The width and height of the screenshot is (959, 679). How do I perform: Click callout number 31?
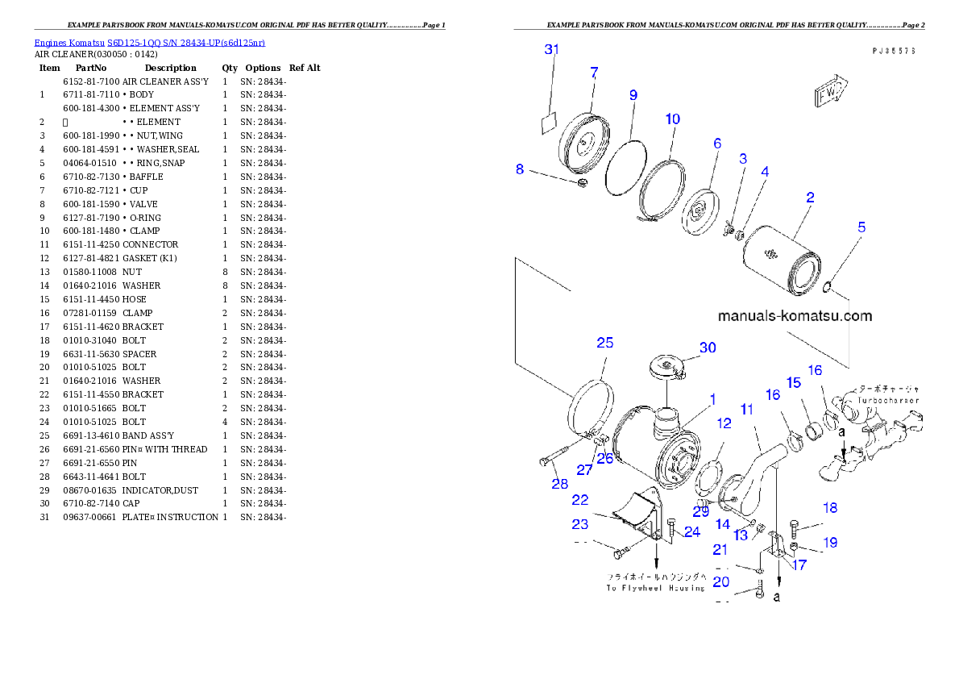(552, 50)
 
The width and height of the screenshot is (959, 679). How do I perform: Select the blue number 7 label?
(594, 73)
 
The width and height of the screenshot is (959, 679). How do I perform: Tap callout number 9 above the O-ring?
(633, 95)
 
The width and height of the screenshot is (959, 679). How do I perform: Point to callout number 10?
(672, 119)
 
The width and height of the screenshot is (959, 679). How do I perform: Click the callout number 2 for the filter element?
(810, 197)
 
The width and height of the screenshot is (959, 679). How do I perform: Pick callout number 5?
(861, 227)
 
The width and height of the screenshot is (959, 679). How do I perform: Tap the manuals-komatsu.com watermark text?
(794, 316)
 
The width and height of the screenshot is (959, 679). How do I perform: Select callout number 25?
(604, 343)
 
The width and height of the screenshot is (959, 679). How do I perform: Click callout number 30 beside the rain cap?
(707, 348)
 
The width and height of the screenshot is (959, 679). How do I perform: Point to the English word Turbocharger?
(889, 400)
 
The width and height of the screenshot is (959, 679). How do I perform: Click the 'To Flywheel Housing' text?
(655, 588)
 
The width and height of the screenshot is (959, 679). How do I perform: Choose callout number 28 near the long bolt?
(559, 484)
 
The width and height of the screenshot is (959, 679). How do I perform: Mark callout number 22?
(580, 501)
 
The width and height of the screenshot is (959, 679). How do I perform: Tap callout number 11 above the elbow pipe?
(747, 410)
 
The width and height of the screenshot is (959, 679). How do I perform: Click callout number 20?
(720, 581)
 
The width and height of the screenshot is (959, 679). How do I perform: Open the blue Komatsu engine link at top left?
(149, 42)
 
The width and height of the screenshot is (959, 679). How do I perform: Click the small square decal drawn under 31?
(550, 122)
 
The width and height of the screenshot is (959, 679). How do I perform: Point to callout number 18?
(829, 508)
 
